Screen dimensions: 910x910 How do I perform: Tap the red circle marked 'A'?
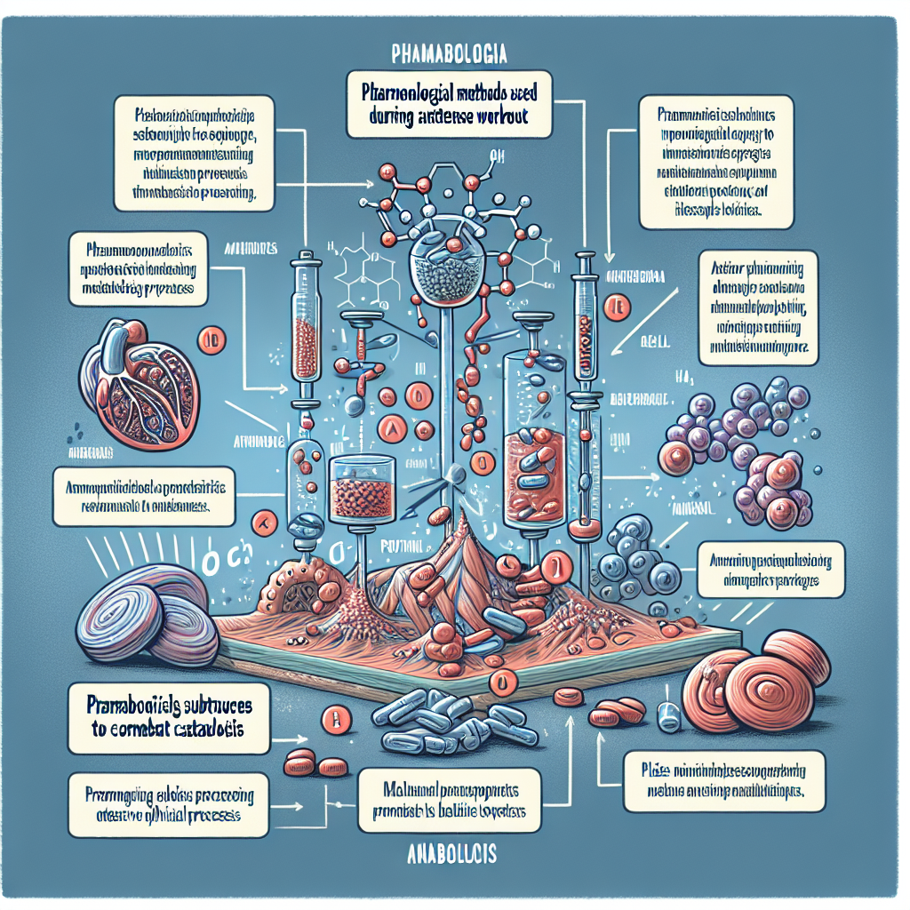(x=389, y=428)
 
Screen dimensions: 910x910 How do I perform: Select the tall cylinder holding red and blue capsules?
(x=534, y=444)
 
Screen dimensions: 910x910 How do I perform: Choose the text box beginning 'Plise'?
(x=724, y=781)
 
